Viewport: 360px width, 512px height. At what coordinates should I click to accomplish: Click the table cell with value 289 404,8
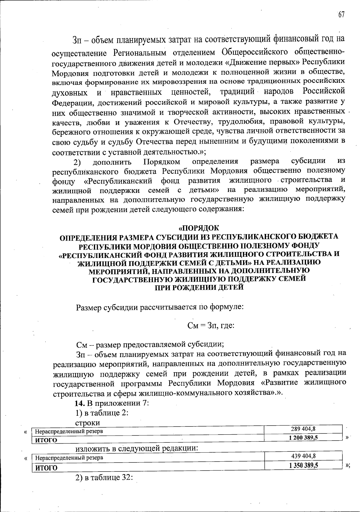pyautogui.click(x=303, y=429)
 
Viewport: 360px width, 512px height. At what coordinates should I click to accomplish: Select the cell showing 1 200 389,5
pyautogui.click(x=303, y=437)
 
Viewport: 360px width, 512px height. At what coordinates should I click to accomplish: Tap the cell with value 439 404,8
pyautogui.click(x=303, y=456)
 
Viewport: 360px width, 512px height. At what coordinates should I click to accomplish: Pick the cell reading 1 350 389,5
pyautogui.click(x=303, y=465)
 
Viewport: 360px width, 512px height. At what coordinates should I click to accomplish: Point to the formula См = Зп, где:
pyautogui.click(x=210, y=325)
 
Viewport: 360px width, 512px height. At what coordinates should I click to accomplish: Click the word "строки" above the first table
pyautogui.click(x=88, y=422)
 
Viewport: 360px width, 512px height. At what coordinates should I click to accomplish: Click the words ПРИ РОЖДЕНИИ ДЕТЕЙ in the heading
pyautogui.click(x=199, y=287)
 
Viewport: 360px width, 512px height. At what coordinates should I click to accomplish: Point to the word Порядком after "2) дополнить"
pyautogui.click(x=162, y=162)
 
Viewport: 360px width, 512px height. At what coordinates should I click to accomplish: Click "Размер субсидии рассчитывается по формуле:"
pyautogui.click(x=160, y=307)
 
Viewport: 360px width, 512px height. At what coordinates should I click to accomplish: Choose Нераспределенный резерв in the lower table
pyautogui.click(x=69, y=458)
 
